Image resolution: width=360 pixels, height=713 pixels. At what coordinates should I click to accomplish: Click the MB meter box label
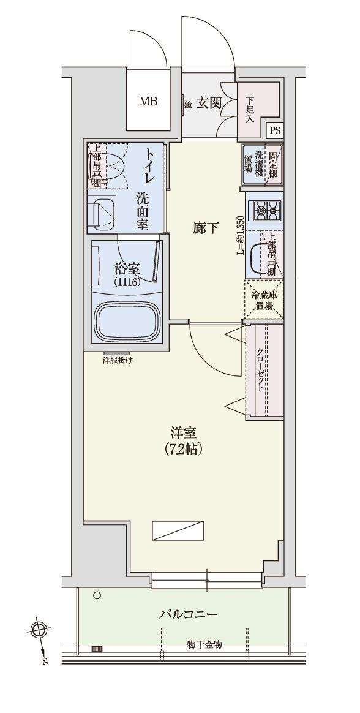[148, 102]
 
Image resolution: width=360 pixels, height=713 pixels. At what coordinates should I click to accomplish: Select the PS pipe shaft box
[276, 130]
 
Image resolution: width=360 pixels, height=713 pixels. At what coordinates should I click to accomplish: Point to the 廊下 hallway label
[205, 228]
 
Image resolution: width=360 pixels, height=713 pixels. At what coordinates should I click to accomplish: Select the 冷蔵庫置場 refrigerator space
[264, 300]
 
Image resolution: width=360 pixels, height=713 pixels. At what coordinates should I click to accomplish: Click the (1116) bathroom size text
[127, 282]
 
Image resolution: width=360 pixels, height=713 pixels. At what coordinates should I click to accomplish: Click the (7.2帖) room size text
[183, 448]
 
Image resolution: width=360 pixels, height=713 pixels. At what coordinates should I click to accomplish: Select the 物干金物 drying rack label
[204, 644]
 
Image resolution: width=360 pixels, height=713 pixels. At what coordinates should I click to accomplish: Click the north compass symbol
[39, 630]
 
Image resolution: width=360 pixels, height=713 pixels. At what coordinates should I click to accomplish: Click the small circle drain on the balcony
[96, 595]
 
